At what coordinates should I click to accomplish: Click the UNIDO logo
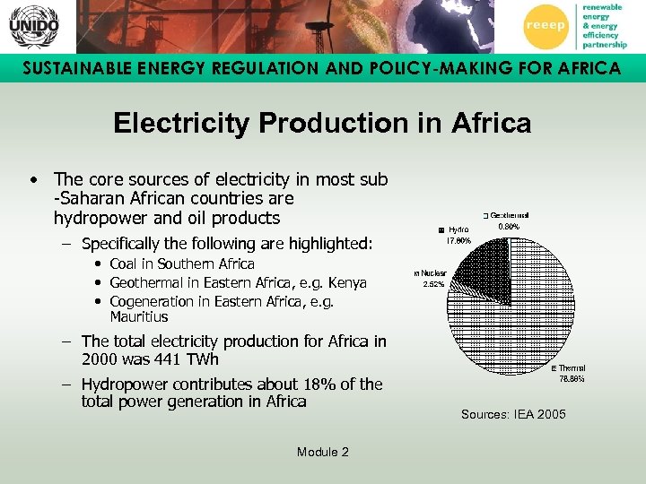tap(34, 26)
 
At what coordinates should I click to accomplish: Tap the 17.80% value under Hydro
tap(458, 241)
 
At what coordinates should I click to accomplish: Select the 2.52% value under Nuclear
tap(435, 285)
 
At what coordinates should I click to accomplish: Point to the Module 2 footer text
tap(322, 452)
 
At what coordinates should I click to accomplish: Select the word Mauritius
tap(138, 317)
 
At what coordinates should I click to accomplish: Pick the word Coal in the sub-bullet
tap(124, 264)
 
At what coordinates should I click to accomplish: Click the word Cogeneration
tap(151, 302)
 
